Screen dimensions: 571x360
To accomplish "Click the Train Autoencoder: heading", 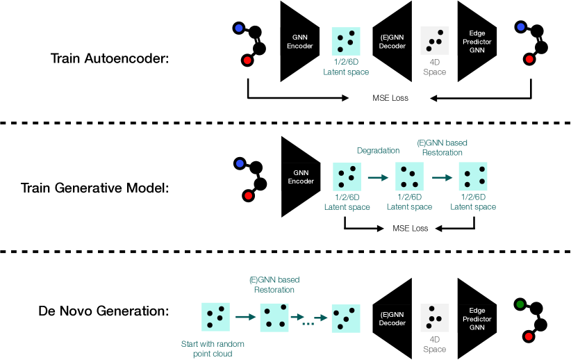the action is click(110, 58).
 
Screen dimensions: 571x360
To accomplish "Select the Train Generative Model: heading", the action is click(94, 188).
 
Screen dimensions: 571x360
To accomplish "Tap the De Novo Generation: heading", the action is click(104, 311).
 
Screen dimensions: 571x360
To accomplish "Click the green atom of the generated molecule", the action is click(520, 304).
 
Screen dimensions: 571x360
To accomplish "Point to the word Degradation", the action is click(378, 151).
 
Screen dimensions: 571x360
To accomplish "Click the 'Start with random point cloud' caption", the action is click(213, 349).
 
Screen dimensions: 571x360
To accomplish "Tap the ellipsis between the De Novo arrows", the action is click(308, 324).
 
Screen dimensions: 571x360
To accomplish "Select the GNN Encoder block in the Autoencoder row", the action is click(299, 41).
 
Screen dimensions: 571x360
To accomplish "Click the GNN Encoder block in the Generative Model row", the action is click(301, 177).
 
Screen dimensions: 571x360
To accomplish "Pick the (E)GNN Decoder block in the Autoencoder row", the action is click(392, 41).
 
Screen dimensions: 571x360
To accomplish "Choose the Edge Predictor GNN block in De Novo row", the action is click(477, 318).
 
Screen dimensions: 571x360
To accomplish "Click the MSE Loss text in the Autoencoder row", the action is click(390, 98).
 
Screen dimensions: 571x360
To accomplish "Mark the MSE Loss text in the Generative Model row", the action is click(410, 229).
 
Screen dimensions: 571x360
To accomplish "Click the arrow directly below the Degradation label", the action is click(378, 178).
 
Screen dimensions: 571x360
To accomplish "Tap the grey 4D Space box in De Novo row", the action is click(434, 318).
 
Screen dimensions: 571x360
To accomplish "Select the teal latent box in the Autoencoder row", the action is click(346, 41).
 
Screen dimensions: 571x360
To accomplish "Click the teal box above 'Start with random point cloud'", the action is click(215, 317).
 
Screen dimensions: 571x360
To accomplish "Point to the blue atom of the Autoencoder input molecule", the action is click(238, 28).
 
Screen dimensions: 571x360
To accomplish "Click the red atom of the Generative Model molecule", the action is click(249, 196).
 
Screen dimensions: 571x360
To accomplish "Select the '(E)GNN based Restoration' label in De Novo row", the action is click(274, 284).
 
